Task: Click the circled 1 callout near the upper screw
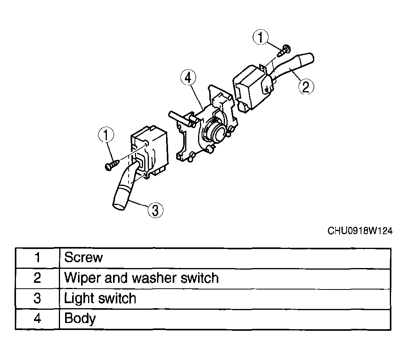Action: pos(260,37)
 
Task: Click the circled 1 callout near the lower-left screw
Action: pos(106,135)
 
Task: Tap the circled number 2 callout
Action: pos(306,87)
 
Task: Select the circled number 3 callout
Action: pos(156,210)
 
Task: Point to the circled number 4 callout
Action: pos(188,78)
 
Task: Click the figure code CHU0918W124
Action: pos(360,231)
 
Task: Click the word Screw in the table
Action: pos(83,257)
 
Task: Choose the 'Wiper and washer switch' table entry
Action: pos(141,278)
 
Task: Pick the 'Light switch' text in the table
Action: pos(100,298)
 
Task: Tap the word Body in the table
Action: pos(80,318)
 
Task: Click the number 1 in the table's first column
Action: pos(37,258)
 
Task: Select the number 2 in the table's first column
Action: pos(37,278)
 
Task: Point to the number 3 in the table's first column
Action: pos(37,298)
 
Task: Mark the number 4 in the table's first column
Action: pos(37,318)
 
